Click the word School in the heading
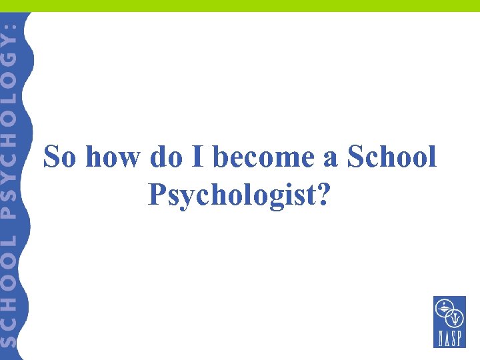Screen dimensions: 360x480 click(391, 158)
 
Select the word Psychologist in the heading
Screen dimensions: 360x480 click(233, 194)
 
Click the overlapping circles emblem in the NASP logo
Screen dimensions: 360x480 click(449, 313)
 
